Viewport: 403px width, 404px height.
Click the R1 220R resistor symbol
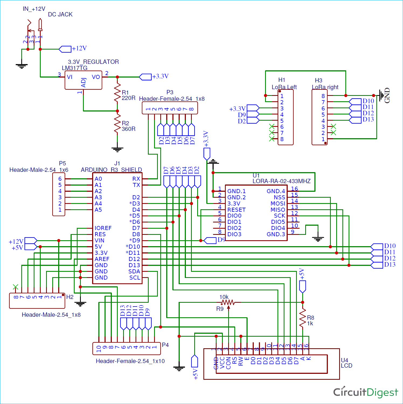coord(117,92)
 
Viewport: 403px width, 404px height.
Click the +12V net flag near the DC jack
coord(65,49)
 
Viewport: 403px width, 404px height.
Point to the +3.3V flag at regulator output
coord(145,77)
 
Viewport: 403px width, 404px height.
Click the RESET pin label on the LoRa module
coord(236,210)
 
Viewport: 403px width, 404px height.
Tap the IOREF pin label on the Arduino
coord(103,228)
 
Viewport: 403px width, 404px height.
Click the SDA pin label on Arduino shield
coord(134,271)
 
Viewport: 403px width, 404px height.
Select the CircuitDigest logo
coord(365,392)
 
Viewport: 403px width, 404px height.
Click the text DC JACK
coord(60,15)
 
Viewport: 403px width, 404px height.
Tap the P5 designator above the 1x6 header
coord(62,163)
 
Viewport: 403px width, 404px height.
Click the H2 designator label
coord(70,297)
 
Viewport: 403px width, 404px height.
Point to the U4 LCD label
coord(346,363)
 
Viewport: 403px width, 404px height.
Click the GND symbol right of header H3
coord(382,96)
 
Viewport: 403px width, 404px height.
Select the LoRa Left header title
coord(284,87)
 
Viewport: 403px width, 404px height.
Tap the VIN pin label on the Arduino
coord(99,241)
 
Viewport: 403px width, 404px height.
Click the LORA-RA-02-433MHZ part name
coord(282,181)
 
